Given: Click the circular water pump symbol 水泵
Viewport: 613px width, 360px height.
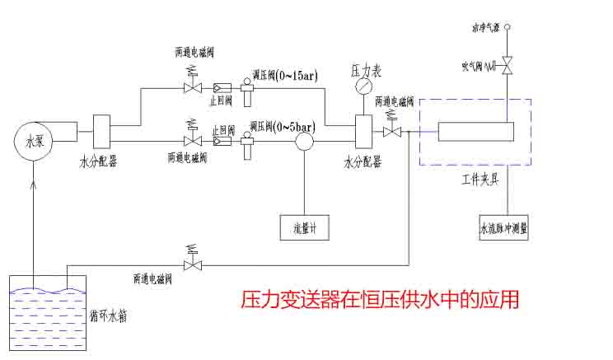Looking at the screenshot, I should pyautogui.click(x=34, y=140).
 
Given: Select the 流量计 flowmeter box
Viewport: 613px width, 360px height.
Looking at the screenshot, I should pyautogui.click(x=305, y=224).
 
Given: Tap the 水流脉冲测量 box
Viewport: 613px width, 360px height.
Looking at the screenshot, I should pyautogui.click(x=503, y=227).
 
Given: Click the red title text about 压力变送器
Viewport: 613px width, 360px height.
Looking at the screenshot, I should pyautogui.click(x=380, y=298).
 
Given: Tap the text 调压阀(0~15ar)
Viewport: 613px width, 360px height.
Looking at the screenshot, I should pyautogui.click(x=285, y=76).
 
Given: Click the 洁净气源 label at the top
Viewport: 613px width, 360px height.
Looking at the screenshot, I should pyautogui.click(x=486, y=28).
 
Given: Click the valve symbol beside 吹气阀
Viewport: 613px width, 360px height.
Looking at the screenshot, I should pyautogui.click(x=508, y=65).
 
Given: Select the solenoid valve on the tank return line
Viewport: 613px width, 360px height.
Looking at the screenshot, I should pyautogui.click(x=194, y=264).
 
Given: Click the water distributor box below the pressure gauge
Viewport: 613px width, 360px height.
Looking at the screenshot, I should pyautogui.click(x=363, y=131).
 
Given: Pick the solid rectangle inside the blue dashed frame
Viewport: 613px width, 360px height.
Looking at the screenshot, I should pyautogui.click(x=475, y=132).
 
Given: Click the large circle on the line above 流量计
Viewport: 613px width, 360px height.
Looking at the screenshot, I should pyautogui.click(x=305, y=141).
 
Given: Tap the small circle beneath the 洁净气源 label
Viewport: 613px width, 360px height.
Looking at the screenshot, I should pyautogui.click(x=508, y=28).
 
